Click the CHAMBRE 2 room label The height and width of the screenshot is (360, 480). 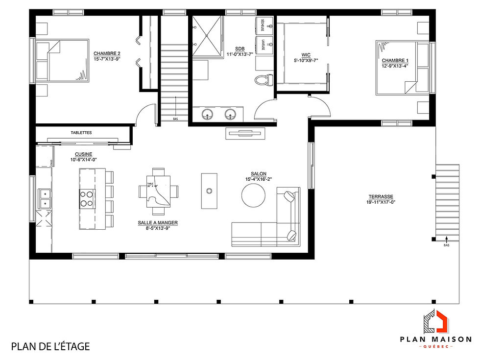click(x=106, y=53)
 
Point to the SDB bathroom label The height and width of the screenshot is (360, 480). click(x=240, y=48)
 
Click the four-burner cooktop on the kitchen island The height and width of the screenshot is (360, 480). click(x=87, y=198)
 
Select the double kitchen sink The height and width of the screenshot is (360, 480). click(x=45, y=198)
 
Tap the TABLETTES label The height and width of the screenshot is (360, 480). click(x=81, y=132)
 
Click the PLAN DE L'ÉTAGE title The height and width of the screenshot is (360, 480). click(x=50, y=346)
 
